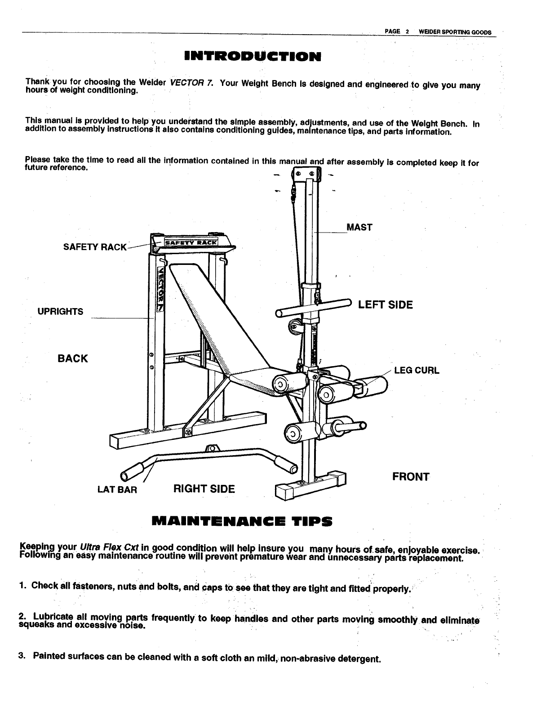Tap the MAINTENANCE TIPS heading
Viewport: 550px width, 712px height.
pos(242,522)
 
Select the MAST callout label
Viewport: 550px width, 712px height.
pos(360,227)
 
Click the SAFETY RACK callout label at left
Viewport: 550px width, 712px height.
pos(95,247)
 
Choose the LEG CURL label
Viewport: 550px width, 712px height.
pos(417,371)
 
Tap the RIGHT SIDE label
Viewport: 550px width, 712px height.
pos(204,489)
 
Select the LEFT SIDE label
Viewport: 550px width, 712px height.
pos(385,305)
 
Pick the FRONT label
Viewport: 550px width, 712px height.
pos(411,477)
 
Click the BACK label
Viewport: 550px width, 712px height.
pos(73,358)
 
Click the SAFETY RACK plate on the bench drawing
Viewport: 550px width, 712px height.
pos(191,243)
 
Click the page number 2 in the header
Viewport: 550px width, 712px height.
pos(406,32)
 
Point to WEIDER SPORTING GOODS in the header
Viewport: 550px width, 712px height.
pos(455,32)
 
